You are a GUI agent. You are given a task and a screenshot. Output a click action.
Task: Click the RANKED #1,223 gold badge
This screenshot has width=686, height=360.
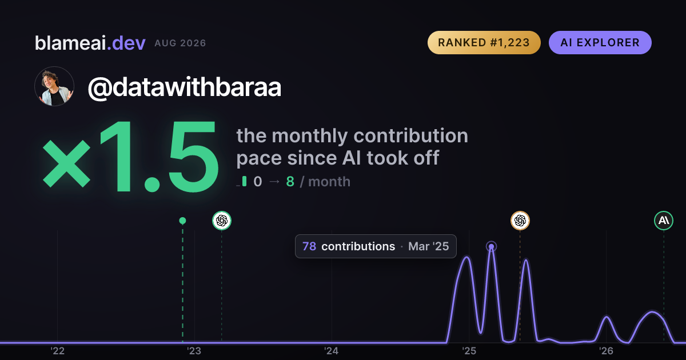484,42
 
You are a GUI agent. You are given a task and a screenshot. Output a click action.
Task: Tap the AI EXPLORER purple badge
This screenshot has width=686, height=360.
600,42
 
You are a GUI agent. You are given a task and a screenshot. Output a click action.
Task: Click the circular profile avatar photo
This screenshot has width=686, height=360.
54,87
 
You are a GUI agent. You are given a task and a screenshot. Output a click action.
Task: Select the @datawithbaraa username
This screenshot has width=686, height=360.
184,87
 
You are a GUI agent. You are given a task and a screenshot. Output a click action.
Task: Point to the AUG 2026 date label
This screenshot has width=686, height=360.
181,43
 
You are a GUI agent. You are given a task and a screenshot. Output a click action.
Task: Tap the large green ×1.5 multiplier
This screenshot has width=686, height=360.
131,156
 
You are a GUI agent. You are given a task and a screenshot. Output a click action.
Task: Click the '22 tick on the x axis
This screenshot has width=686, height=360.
57,351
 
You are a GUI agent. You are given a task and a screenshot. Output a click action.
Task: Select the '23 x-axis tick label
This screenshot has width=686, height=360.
194,351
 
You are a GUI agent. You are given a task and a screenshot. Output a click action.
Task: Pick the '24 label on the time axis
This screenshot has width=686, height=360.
332,351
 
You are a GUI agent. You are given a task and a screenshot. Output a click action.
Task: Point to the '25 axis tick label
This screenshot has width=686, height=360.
469,351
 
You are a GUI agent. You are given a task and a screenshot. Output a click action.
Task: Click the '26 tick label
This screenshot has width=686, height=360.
606,351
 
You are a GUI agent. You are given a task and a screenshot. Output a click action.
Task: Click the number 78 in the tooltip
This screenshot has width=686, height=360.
309,246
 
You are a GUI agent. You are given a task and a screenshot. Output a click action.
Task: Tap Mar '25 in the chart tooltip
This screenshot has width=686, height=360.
428,246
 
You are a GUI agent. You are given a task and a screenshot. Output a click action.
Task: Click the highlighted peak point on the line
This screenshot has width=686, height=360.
491,247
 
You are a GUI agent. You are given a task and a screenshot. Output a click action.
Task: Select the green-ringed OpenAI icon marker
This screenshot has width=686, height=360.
222,221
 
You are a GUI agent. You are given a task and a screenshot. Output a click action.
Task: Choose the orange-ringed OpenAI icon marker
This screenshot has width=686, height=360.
520,221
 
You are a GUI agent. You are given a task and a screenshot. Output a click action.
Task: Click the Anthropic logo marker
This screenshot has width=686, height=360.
664,221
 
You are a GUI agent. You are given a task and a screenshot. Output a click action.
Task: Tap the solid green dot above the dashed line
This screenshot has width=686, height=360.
182,221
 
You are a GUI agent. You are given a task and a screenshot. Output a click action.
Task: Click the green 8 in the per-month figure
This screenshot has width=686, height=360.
290,182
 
